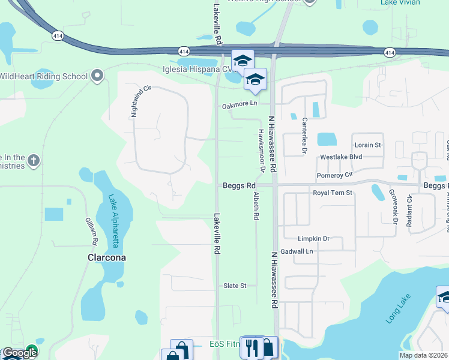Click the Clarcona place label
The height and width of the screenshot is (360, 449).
[x=104, y=257]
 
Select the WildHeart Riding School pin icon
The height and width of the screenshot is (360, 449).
[x=97, y=76]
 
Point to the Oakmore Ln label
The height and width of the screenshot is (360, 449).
[x=239, y=104]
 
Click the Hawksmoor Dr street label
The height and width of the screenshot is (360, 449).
[x=262, y=148]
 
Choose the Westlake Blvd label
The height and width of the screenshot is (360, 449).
[x=341, y=157]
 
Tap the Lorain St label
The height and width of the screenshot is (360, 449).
[x=368, y=145]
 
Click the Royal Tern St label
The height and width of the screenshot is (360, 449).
[x=332, y=193]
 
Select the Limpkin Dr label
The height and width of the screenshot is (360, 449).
[x=313, y=238]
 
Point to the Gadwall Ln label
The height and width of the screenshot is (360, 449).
[x=297, y=251]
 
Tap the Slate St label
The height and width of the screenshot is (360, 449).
[x=235, y=286]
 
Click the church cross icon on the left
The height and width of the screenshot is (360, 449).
[x=34, y=160]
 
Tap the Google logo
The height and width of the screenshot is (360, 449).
[x=19, y=353]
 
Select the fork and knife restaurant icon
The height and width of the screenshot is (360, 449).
[x=251, y=347]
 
